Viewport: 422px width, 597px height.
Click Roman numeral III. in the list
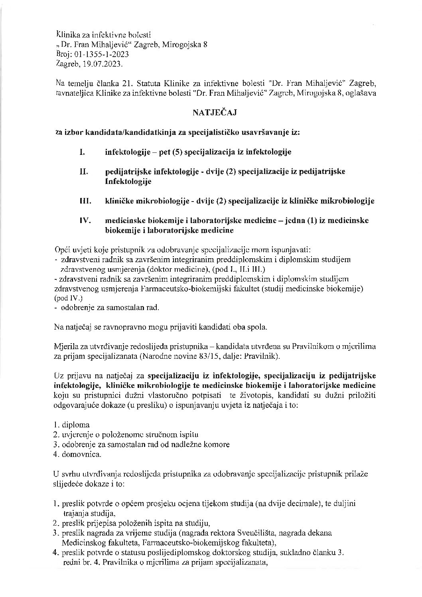pyautogui.click(x=85, y=201)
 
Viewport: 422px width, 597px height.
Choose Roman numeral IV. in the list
pyautogui.click(x=86, y=221)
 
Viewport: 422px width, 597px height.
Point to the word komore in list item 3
pyautogui.click(x=219, y=444)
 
